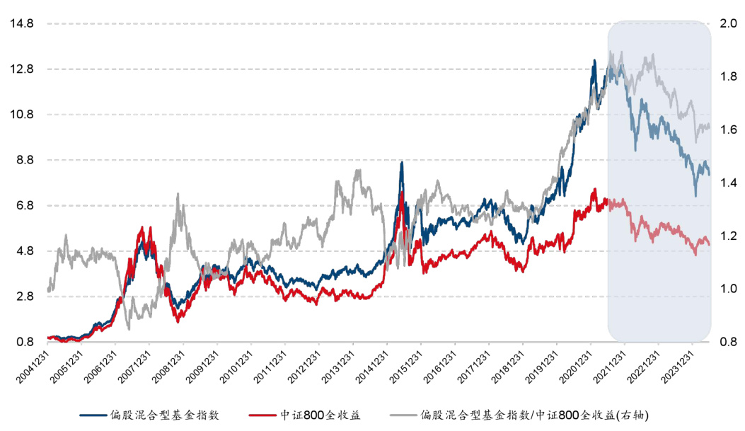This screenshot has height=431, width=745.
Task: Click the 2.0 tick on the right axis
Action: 728,23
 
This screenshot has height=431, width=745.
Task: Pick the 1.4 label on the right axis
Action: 728,183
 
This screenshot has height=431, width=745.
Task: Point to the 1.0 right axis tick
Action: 728,289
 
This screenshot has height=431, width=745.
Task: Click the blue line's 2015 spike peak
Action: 402,162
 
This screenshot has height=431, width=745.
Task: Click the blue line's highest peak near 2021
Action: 594,60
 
